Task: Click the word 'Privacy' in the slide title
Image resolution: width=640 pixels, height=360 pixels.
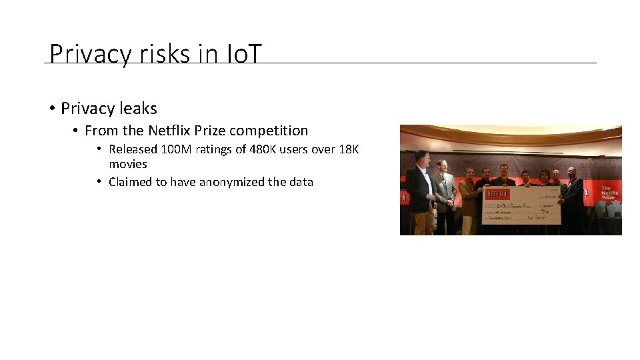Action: point(87,54)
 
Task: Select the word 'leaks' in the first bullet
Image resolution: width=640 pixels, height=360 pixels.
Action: point(139,108)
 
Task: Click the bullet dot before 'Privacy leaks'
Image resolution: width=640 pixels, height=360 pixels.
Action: point(52,109)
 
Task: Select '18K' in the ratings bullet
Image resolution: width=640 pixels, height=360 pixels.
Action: point(349,149)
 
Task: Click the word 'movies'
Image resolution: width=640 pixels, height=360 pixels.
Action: point(128,164)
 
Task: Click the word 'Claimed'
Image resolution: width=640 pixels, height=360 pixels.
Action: point(131,181)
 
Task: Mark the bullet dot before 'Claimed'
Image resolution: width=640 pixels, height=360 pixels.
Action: point(99,181)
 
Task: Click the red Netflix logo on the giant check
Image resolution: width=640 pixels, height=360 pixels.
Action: point(494,192)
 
